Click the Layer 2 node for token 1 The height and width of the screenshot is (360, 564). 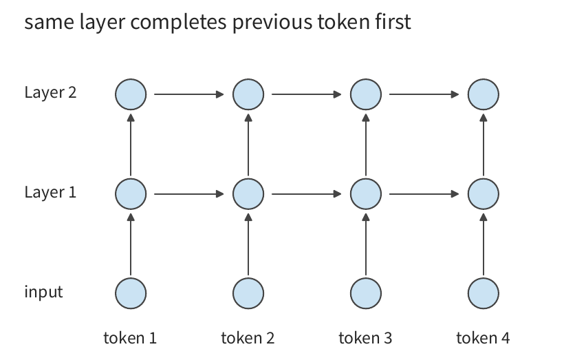131,94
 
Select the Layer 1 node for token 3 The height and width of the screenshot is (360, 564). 366,194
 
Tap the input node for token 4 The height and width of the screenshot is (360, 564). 484,293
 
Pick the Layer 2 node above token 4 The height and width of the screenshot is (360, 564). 484,94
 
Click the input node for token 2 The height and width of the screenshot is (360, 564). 248,293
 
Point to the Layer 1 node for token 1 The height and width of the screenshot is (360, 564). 131,194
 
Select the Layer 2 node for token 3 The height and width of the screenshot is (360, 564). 366,94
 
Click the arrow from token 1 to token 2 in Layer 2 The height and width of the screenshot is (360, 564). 189,94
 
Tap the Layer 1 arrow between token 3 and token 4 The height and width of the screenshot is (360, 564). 424,194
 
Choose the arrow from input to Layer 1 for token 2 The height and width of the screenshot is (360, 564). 248,244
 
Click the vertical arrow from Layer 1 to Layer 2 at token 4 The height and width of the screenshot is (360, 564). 484,145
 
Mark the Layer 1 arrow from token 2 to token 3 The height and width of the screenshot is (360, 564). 307,194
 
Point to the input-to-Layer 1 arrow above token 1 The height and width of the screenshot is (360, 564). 131,244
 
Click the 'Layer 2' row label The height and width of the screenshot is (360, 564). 50,92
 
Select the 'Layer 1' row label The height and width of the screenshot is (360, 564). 50,192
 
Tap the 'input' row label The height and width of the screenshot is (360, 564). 43,292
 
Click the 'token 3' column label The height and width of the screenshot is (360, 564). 365,338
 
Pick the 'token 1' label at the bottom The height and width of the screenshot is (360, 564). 130,338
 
